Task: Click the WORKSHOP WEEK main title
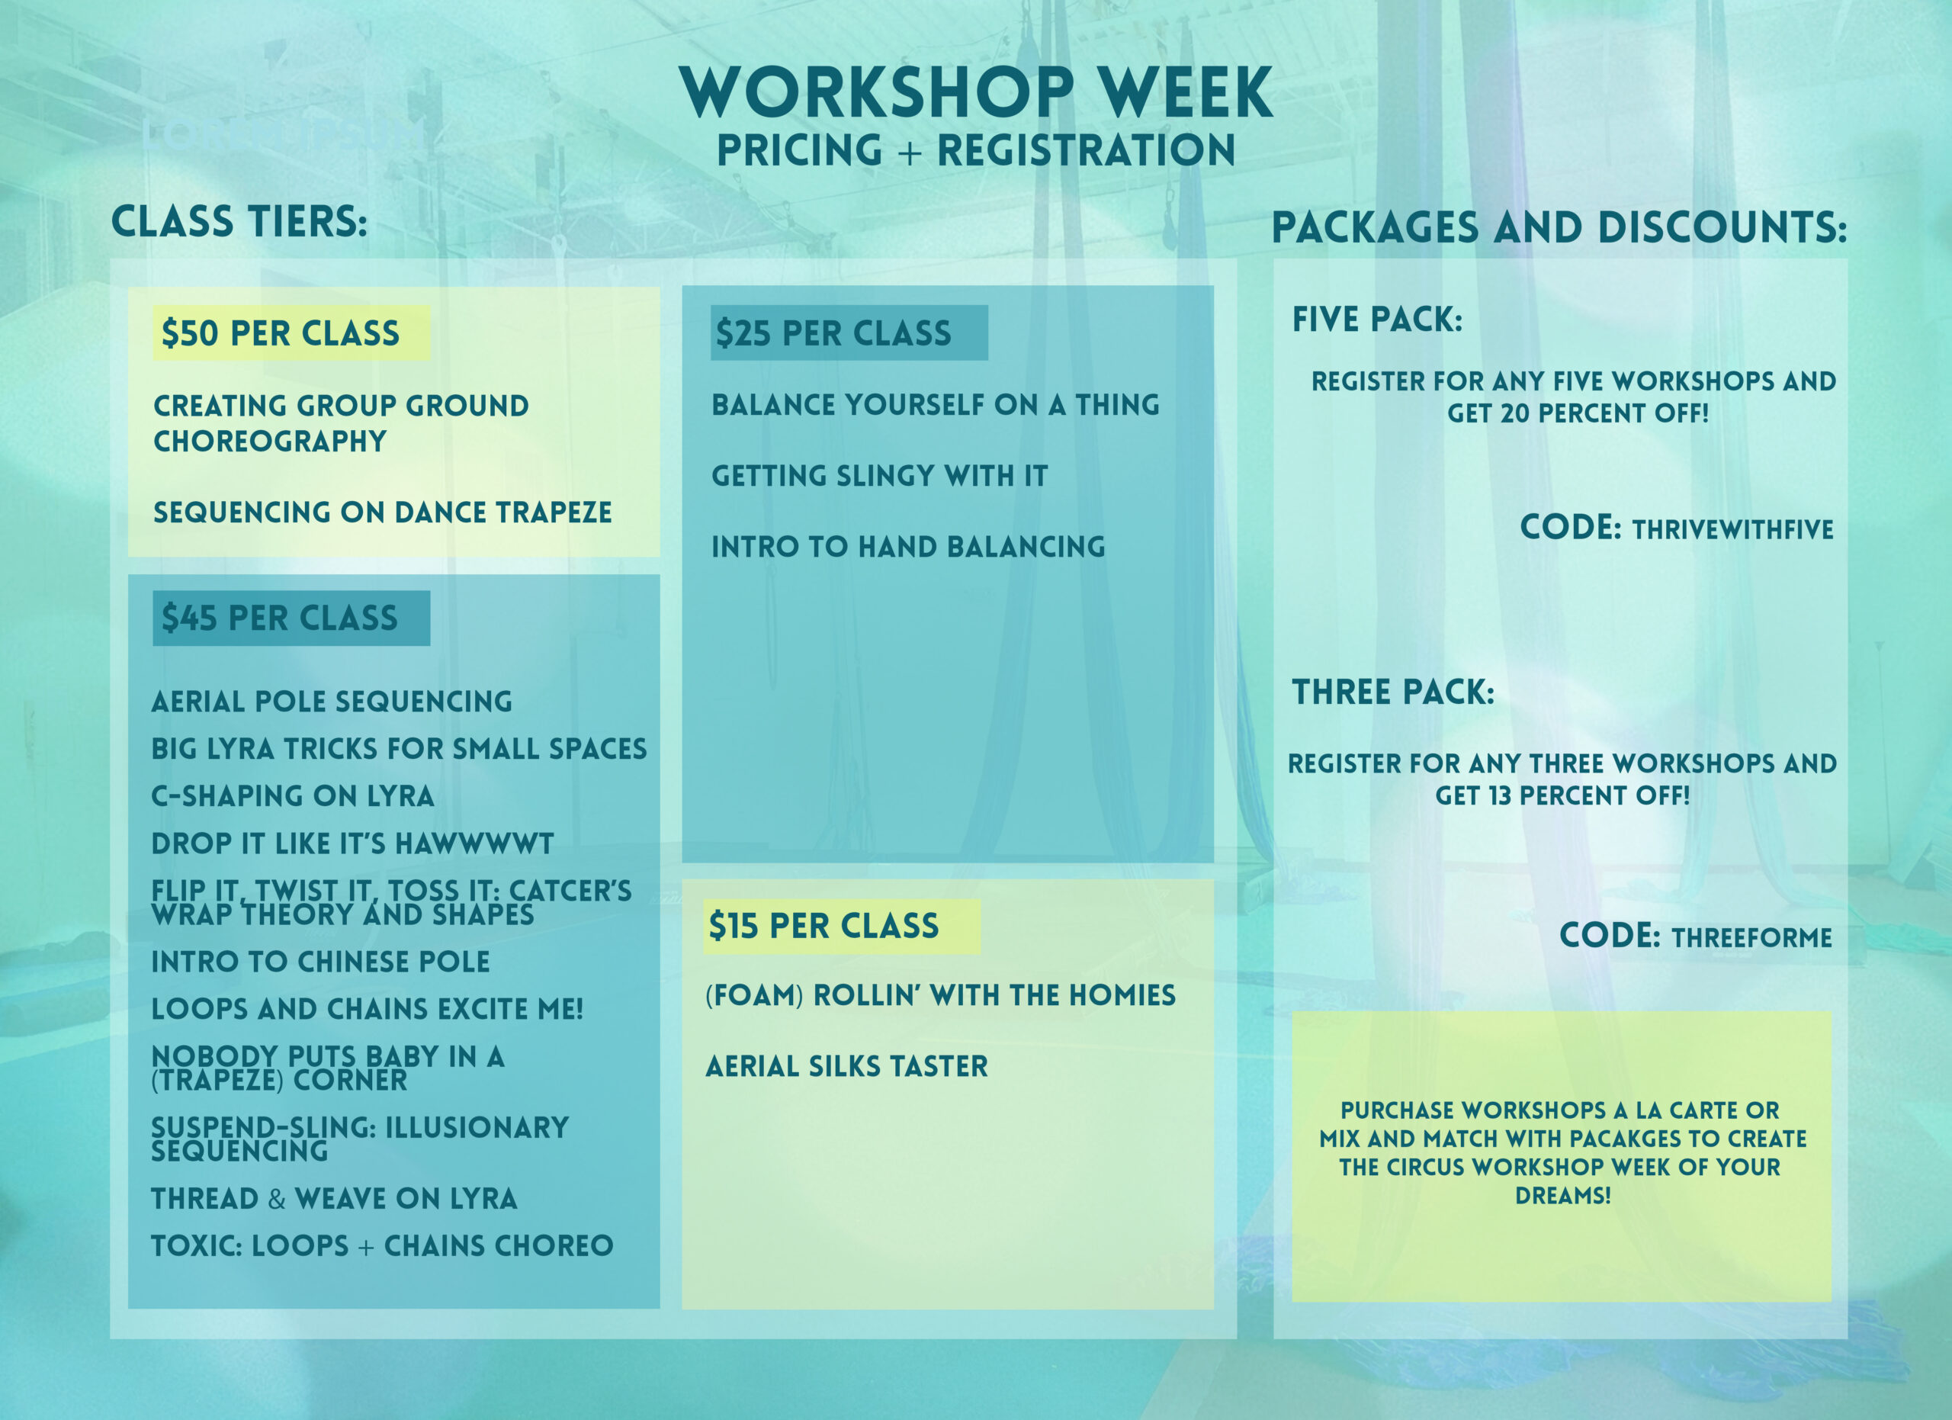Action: tap(976, 92)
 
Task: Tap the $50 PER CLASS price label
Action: tap(281, 333)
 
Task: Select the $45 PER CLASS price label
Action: tap(280, 618)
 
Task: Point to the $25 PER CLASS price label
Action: tap(833, 333)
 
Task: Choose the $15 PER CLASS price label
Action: tap(823, 926)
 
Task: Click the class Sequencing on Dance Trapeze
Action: tap(382, 512)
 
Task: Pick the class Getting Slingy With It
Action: tap(880, 476)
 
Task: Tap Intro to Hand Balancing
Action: tap(908, 547)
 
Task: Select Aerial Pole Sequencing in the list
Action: tap(332, 702)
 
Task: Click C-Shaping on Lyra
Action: tap(293, 796)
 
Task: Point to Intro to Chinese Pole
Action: tap(320, 962)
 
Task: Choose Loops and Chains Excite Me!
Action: tap(368, 1009)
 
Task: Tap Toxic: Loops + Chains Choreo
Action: tap(382, 1245)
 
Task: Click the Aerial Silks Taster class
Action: tap(847, 1066)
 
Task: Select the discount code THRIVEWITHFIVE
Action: tap(1732, 529)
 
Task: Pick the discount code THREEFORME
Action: tap(1751, 937)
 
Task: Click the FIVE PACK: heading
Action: tap(1377, 320)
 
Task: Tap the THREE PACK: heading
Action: tap(1392, 692)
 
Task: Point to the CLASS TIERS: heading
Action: tap(239, 221)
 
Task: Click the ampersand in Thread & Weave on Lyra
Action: tap(276, 1199)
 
